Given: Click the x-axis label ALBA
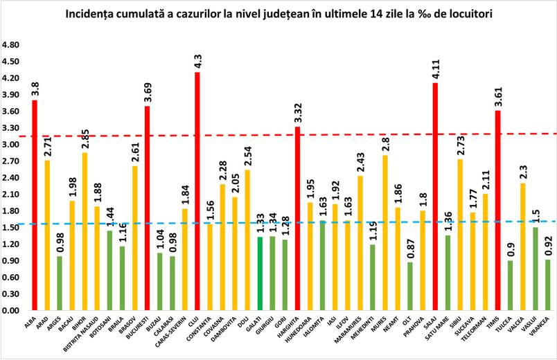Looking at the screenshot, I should [30, 323].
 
